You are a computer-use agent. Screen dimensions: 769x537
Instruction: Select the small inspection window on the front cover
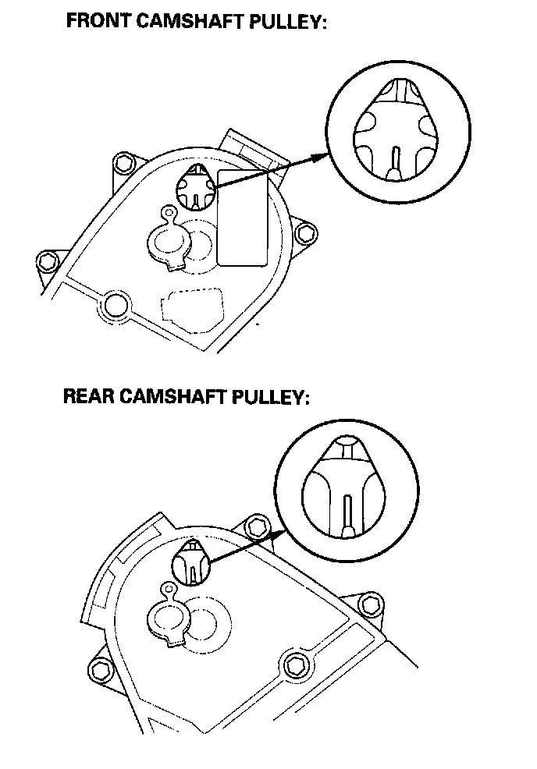click(x=193, y=187)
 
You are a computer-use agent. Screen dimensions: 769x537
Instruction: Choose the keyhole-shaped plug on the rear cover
click(x=167, y=617)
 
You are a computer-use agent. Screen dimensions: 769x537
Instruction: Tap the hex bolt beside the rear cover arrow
click(x=255, y=527)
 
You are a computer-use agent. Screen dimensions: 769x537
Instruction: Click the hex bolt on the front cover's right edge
click(x=307, y=232)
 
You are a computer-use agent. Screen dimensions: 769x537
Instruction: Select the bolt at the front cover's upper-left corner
click(x=121, y=165)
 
